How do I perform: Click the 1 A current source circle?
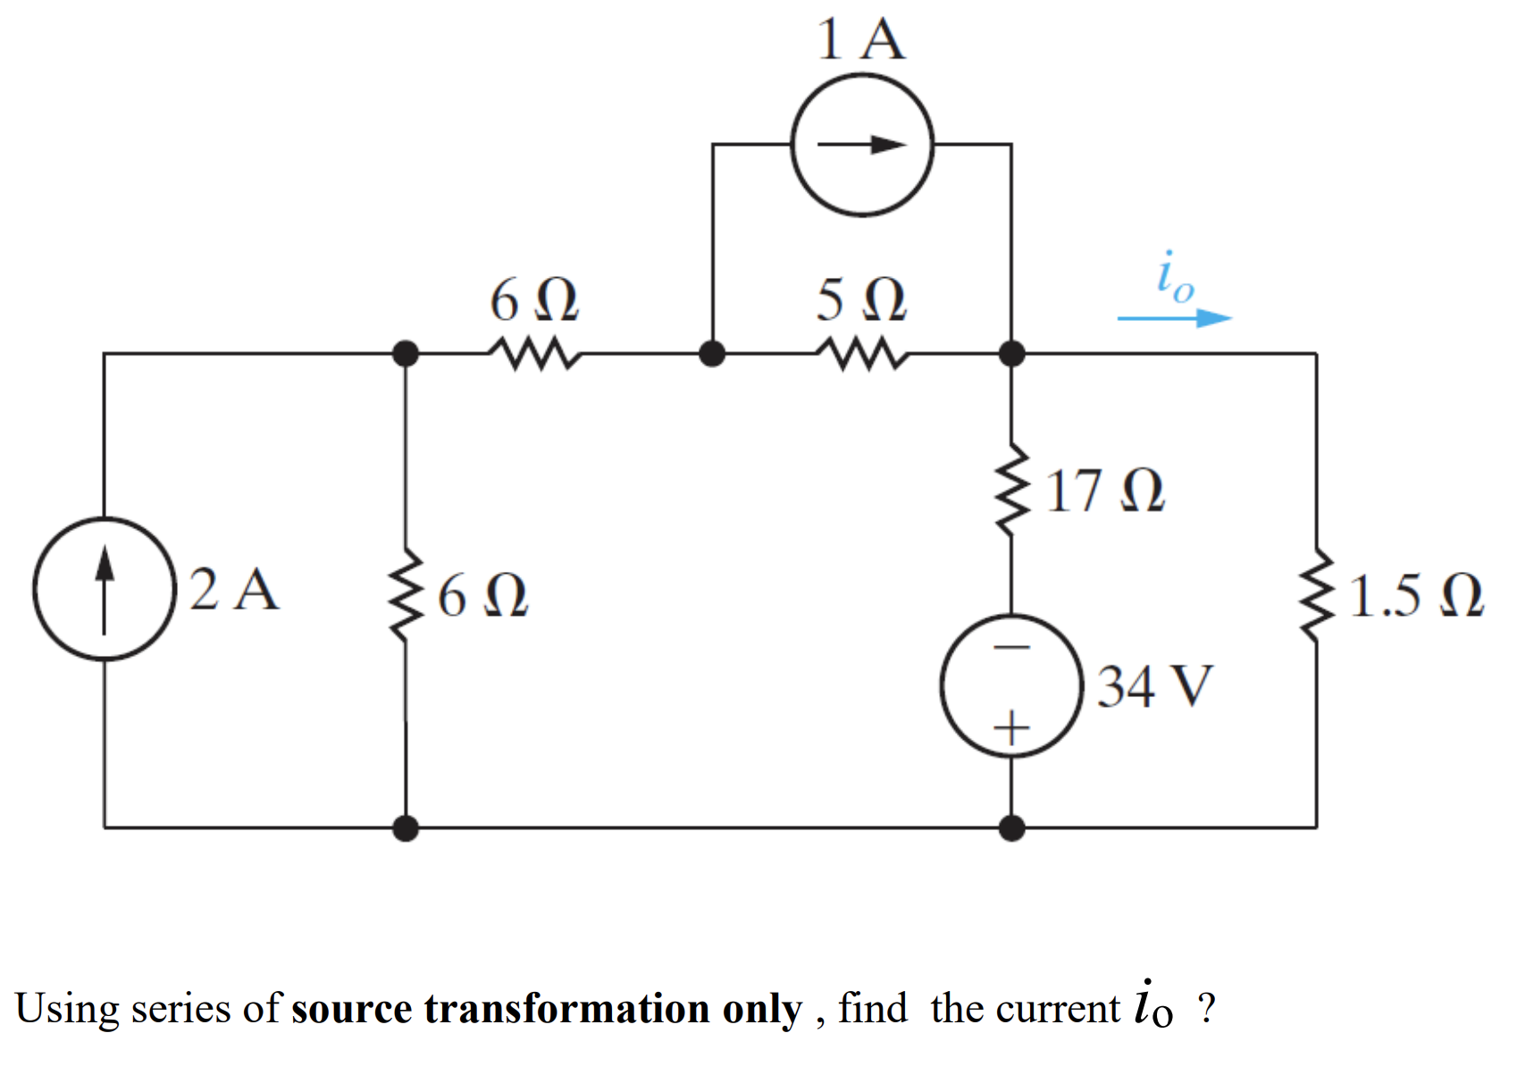862,145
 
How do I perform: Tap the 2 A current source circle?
105,589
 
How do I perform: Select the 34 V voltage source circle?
1011,686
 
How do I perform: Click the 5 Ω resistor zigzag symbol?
861,354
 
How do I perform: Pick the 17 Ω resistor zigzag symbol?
1011,489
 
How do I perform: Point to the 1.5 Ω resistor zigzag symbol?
1315,594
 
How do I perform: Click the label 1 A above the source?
860,40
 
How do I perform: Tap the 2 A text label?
234,589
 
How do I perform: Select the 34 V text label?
1154,686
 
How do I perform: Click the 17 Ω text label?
1105,491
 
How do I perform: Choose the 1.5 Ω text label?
1416,596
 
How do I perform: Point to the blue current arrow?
1174,317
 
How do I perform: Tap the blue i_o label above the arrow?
1174,277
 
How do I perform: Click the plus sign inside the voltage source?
1011,728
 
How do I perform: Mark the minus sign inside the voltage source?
1011,646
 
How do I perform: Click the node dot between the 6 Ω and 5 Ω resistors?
711,354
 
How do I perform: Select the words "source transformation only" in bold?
546,1009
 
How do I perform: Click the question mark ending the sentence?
1206,1008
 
